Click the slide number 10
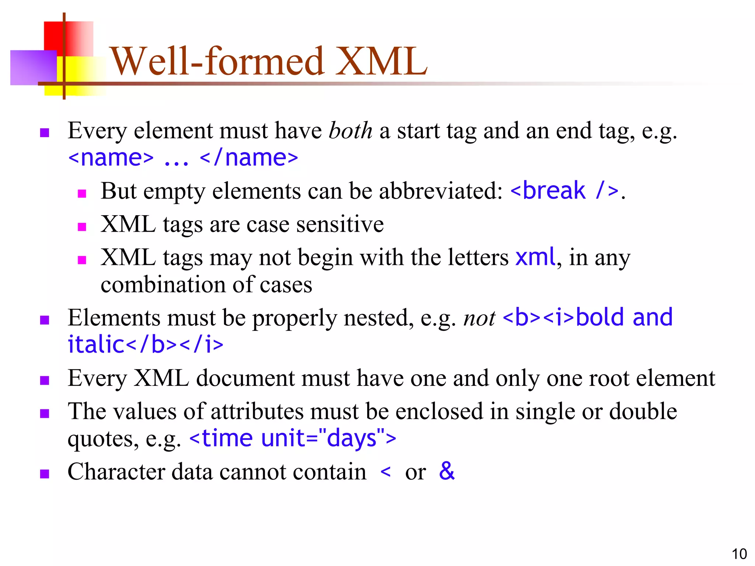(x=739, y=554)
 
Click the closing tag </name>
(x=248, y=158)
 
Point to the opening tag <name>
(x=111, y=158)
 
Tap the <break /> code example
(x=564, y=191)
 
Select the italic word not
(x=479, y=318)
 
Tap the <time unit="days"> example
(x=293, y=439)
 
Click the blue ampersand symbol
(x=447, y=471)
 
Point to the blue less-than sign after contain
(x=385, y=472)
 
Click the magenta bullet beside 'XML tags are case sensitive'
(x=82, y=227)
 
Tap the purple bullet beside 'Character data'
(x=45, y=474)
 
